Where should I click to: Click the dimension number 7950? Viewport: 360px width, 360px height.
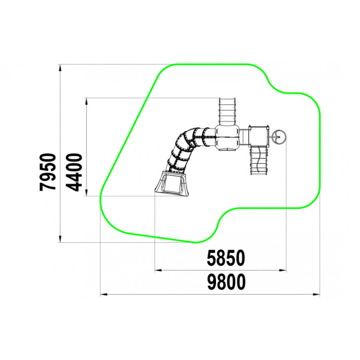click(x=48, y=172)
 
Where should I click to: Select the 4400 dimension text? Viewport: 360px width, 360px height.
click(x=75, y=172)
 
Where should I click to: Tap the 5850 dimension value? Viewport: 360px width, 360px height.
click(x=226, y=258)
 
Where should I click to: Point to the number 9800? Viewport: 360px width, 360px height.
click(x=226, y=282)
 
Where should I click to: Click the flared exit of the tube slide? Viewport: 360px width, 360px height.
click(x=172, y=184)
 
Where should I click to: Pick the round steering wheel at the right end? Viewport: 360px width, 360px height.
click(x=279, y=137)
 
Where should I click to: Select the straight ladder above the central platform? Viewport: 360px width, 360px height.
click(x=227, y=112)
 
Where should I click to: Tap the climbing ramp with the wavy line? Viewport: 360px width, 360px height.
click(x=259, y=160)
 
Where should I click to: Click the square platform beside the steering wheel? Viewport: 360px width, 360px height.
click(x=259, y=136)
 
